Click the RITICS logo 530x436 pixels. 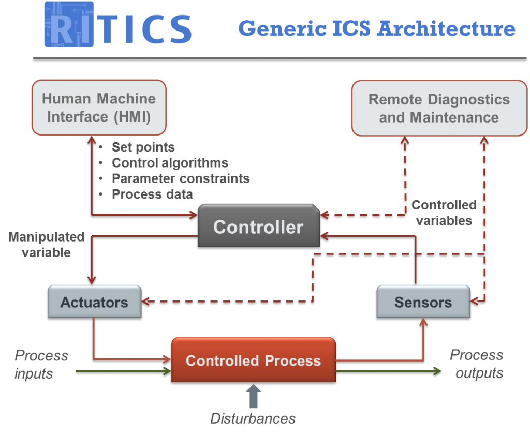pos(117,24)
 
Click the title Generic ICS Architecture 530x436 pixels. pos(376,28)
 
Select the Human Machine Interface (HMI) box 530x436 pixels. pos(99,107)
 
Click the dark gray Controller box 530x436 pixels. pos(258,227)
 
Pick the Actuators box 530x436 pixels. pos(94,302)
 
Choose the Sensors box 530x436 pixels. pos(423,302)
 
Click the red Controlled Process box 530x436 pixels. pos(253,360)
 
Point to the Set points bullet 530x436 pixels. pos(143,147)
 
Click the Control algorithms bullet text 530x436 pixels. pos(170,163)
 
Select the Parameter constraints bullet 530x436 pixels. pos(181,178)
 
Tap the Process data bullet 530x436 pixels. pos(153,194)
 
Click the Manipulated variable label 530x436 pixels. pos(47,245)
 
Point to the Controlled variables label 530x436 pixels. pos(444,213)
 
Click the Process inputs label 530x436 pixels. pos(41,364)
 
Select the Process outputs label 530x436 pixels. pos(477,364)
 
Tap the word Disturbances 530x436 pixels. pos(253,418)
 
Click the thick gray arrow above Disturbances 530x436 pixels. pos(253,396)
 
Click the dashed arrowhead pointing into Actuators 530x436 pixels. pos(146,302)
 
